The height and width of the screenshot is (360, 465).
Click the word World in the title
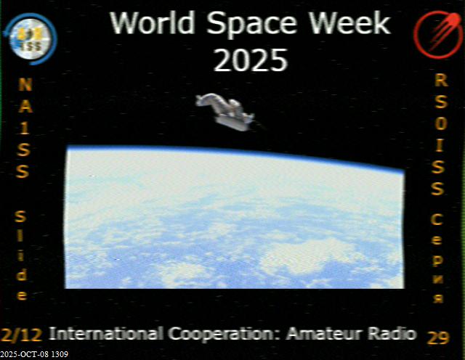click(152, 22)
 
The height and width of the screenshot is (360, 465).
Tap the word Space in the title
click(251, 25)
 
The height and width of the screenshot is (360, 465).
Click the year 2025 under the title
click(251, 60)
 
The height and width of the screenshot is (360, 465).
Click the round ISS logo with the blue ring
click(31, 38)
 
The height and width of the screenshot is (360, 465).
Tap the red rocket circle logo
click(437, 34)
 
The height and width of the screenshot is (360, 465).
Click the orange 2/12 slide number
click(21, 335)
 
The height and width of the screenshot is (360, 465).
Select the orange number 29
click(438, 337)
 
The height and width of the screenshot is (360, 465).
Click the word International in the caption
click(106, 334)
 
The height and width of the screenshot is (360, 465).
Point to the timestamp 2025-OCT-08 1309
click(34, 354)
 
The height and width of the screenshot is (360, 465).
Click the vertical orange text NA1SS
click(24, 128)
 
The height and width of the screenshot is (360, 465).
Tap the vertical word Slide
click(22, 255)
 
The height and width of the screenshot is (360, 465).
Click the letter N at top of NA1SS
click(25, 84)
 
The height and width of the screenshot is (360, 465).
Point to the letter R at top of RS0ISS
click(441, 80)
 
